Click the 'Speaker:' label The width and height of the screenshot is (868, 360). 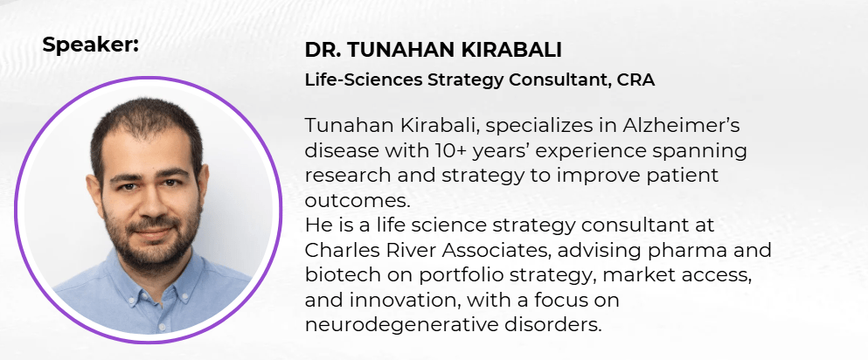tap(90, 45)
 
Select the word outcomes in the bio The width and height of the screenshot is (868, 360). tap(357, 200)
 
